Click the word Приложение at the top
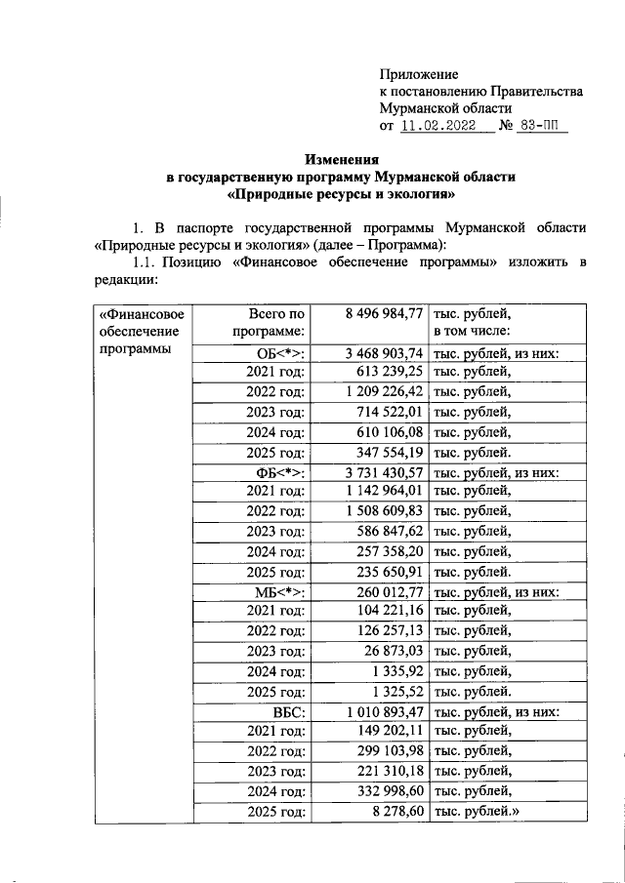418,74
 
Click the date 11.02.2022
439,127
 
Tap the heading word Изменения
340,159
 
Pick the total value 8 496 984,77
384,313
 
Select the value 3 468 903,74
384,352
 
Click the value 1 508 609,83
384,510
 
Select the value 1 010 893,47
384,711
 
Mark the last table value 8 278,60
396,810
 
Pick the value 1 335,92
396,671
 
